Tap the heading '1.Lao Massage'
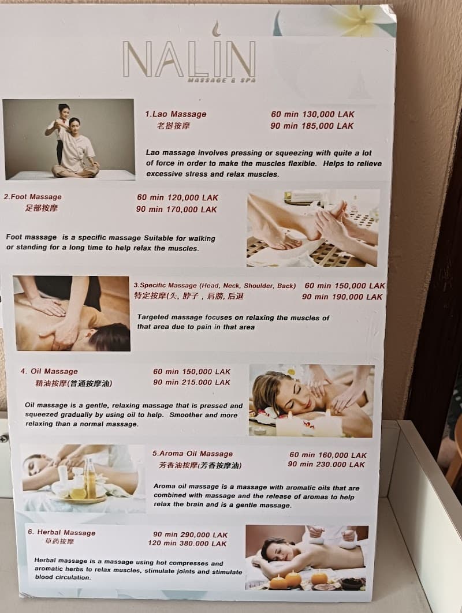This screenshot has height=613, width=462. point(176,114)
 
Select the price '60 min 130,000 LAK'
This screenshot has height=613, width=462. point(312,114)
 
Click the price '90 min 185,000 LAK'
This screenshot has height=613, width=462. point(312,126)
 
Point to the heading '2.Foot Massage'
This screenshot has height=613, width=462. point(32,197)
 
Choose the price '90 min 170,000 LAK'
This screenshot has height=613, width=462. point(177,210)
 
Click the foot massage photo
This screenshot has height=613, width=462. point(312,228)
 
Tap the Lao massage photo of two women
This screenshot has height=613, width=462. point(68,140)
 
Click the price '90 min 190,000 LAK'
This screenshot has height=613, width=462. point(342,297)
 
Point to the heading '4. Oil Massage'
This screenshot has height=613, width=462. point(49,371)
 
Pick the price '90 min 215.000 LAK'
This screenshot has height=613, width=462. point(192,382)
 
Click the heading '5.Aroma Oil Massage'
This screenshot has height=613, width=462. point(192,454)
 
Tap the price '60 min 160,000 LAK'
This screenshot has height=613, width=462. point(328,455)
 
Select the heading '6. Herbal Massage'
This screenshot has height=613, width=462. point(62,532)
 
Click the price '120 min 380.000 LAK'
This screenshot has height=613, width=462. point(187,544)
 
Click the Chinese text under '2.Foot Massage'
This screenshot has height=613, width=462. point(41,208)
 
